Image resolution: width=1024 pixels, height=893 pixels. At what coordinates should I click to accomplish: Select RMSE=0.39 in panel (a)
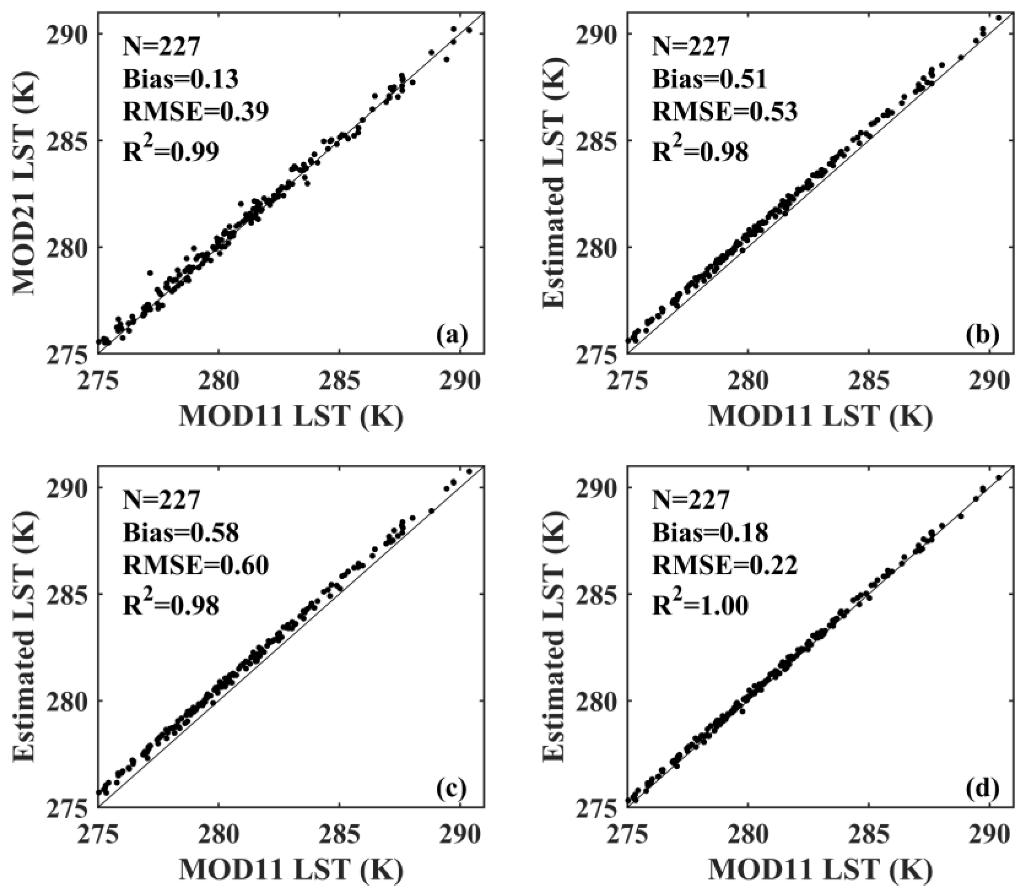point(195,112)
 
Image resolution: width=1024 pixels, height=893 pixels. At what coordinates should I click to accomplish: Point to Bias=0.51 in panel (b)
point(709,79)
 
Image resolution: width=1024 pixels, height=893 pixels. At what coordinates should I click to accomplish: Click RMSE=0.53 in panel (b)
point(725,112)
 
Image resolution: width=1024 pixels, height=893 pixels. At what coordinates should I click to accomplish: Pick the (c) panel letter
point(452,790)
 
